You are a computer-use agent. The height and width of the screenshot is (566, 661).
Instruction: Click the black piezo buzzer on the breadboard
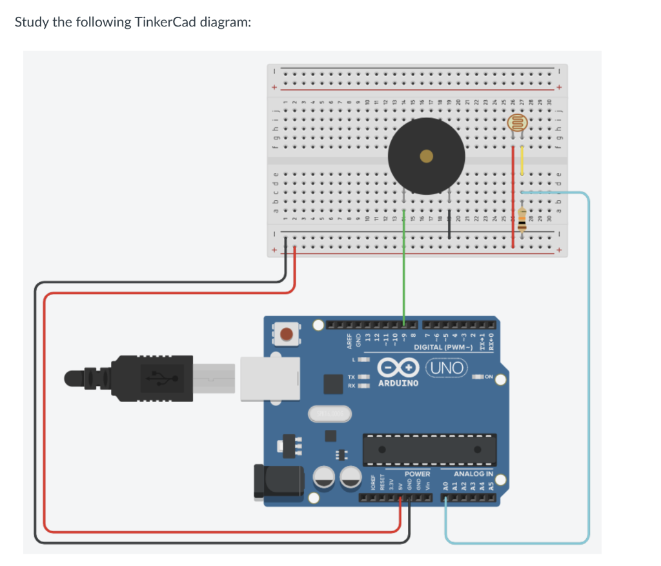point(425,156)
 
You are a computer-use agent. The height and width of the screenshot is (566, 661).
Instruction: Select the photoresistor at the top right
point(517,122)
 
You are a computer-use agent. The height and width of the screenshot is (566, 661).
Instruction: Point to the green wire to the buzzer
point(404,271)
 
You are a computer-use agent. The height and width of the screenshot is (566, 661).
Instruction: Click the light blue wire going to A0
point(587,361)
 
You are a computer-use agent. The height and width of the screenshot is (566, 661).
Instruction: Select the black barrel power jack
point(280,481)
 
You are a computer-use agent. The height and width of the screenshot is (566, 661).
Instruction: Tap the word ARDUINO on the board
point(398,383)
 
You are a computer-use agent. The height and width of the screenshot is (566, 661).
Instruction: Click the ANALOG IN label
point(474,474)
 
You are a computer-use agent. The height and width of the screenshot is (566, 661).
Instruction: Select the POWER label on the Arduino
point(417,474)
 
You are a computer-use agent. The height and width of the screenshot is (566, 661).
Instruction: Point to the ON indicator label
point(488,377)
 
